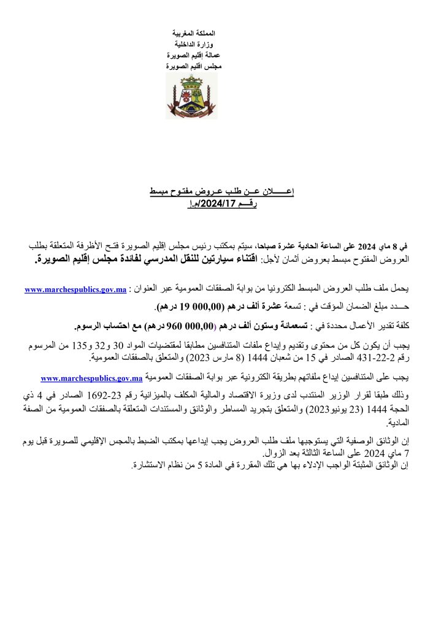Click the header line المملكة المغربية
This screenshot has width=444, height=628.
(x=191, y=32)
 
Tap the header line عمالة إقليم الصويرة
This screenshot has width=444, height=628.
(x=191, y=54)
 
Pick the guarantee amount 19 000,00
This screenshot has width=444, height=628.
(x=188, y=305)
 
